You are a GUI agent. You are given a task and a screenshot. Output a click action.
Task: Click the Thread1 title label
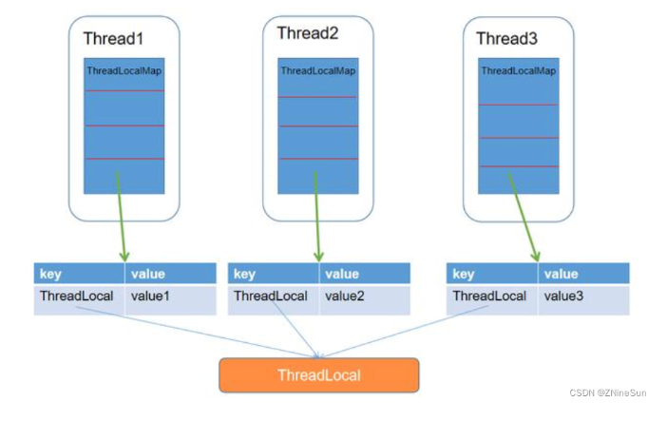[x=113, y=39]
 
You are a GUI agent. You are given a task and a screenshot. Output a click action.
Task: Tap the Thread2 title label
[x=308, y=33]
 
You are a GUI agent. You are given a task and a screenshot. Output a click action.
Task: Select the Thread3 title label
[x=506, y=39]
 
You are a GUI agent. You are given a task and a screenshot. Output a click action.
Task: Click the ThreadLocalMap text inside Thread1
[x=124, y=70]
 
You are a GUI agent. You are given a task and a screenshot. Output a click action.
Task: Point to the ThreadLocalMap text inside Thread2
[x=318, y=70]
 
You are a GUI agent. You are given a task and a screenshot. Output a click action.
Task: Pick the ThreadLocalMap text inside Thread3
[x=519, y=70]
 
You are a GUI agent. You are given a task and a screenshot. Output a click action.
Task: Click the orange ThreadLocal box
[x=319, y=375]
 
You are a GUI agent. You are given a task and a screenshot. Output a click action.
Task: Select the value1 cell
[x=171, y=299]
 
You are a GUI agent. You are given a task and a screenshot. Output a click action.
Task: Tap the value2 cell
[x=365, y=299]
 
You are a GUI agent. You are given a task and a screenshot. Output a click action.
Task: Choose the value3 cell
[x=584, y=299]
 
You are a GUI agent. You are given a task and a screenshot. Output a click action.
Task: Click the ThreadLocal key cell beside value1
[x=79, y=299]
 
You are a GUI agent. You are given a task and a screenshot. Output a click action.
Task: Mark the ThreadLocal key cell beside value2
[x=273, y=299]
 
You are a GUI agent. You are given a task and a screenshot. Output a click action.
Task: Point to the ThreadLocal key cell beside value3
[x=492, y=299]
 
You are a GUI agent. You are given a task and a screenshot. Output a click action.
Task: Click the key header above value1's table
[x=79, y=274]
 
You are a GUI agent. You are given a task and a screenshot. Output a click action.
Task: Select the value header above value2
[x=365, y=274]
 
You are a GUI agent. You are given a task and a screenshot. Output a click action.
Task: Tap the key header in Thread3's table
[x=492, y=274]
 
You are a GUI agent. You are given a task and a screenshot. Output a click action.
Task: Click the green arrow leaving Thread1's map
[x=121, y=217]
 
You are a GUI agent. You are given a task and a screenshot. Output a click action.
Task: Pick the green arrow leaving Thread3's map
[x=524, y=217]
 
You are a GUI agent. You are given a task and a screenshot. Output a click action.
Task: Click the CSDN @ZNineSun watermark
[x=608, y=392]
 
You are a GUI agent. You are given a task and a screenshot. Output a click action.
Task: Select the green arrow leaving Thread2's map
[x=317, y=217]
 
